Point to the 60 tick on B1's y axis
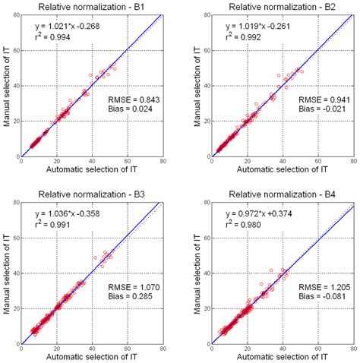click(17, 52)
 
